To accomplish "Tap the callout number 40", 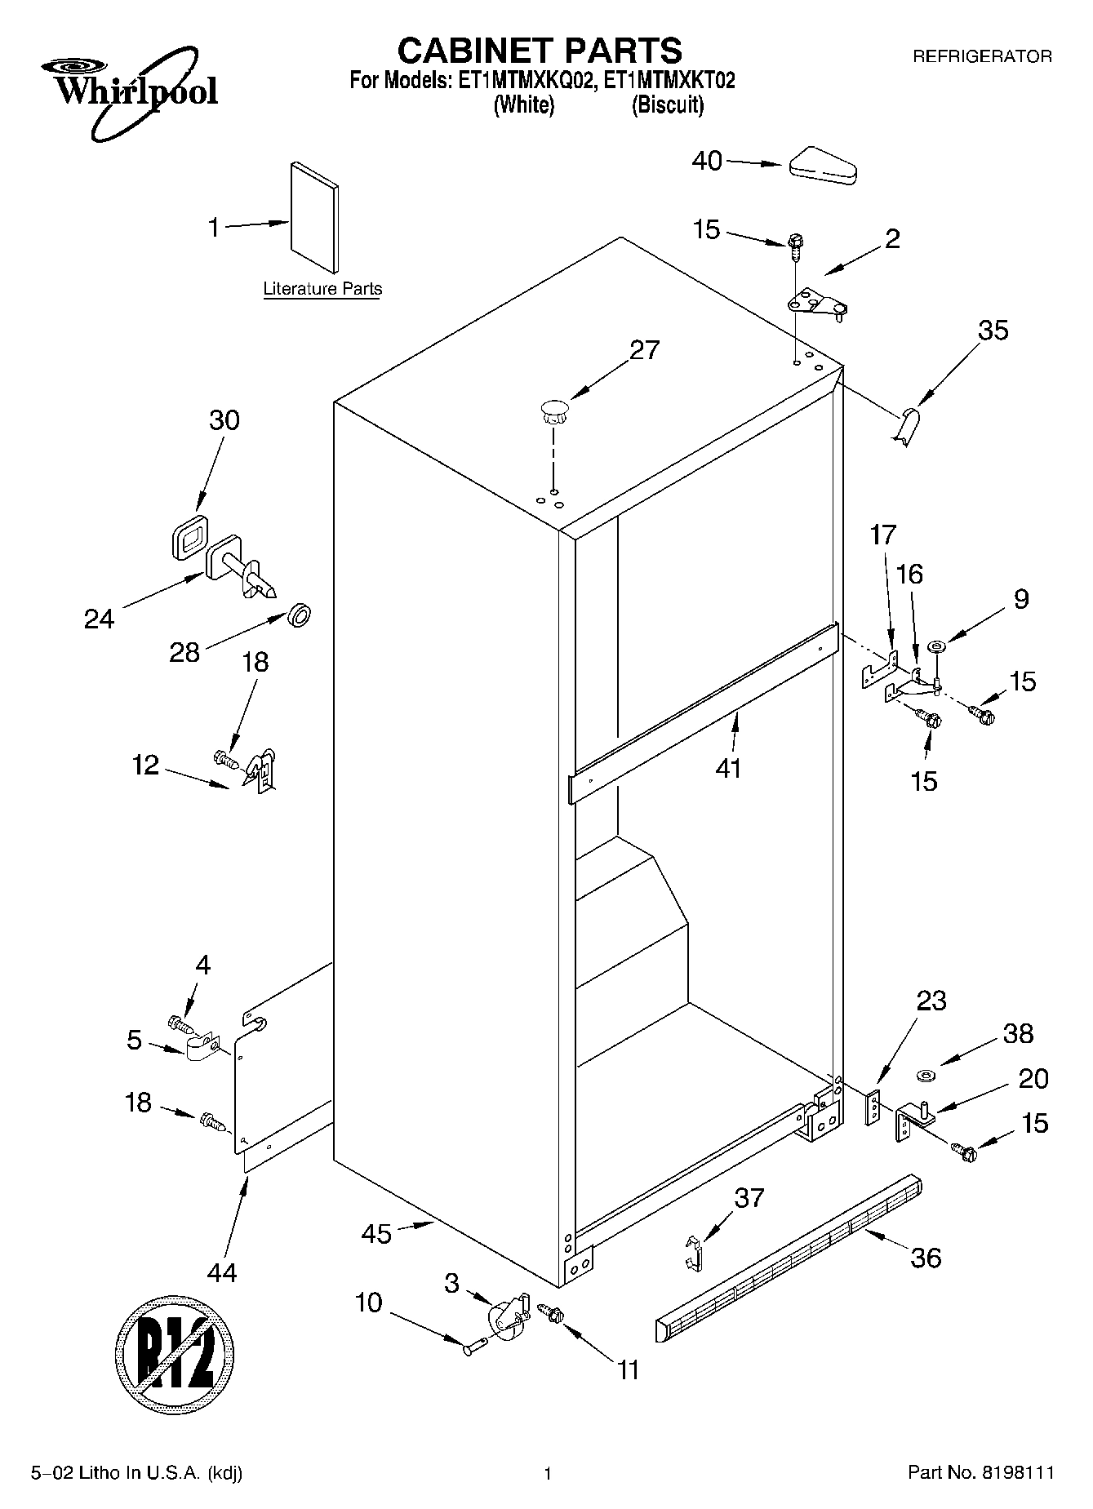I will click(x=707, y=161).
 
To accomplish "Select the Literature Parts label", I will click(x=322, y=289).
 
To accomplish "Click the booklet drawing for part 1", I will click(x=315, y=216).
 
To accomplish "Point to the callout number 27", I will click(x=644, y=350).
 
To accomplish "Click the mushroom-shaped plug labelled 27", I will click(x=553, y=411).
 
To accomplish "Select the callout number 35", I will click(x=993, y=331).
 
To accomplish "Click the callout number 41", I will click(x=727, y=768).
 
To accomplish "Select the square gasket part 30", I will click(x=190, y=538).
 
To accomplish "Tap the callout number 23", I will click(x=931, y=1001).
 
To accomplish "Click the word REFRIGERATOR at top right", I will click(x=981, y=57).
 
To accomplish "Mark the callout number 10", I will click(x=368, y=1303).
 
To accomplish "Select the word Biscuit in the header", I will click(x=667, y=105).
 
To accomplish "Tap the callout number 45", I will click(x=376, y=1234).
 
